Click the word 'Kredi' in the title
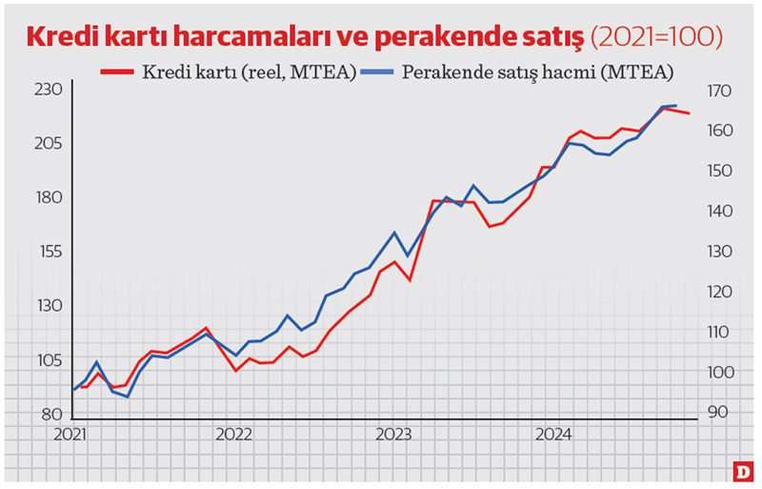(66, 36)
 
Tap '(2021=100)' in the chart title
(656, 36)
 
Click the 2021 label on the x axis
(73, 435)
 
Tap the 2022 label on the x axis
(233, 435)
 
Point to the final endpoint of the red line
(689, 113)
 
